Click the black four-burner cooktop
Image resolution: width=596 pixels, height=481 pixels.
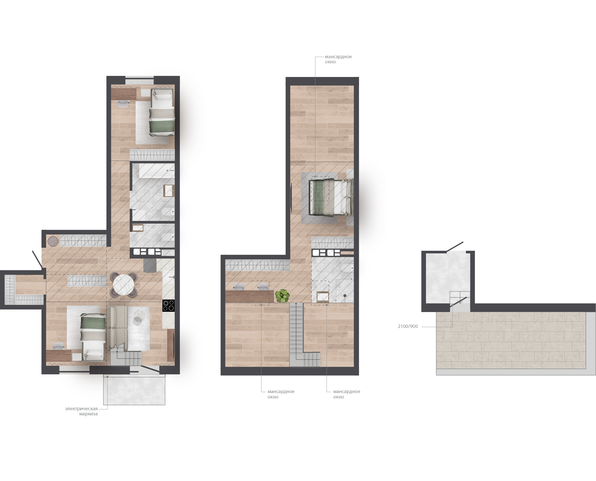168,305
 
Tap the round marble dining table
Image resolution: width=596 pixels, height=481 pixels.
124,285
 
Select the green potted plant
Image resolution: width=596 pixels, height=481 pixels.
282,296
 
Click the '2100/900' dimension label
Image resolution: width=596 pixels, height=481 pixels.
408,326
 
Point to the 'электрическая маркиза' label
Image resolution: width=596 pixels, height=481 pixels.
82,411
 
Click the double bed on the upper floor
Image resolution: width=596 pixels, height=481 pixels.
331,197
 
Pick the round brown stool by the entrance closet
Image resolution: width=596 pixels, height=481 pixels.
53,241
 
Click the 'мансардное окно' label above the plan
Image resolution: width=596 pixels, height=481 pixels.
338,59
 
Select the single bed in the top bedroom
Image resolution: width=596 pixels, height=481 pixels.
162,112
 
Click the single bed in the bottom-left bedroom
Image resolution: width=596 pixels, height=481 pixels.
93,337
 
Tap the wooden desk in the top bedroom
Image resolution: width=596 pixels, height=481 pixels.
124,94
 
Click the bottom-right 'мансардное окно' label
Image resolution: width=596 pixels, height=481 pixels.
347,394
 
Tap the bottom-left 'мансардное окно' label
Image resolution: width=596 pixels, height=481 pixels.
281,394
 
